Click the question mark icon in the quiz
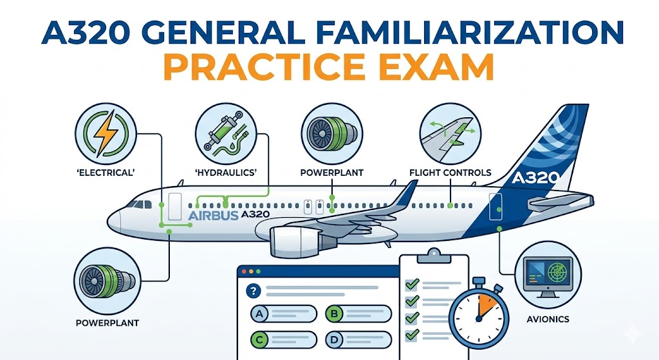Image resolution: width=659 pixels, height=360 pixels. (x=253, y=290)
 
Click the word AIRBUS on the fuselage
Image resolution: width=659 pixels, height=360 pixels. (x=212, y=215)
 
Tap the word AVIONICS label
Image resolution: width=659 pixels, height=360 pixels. (x=546, y=318)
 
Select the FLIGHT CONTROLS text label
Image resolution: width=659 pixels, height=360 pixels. (x=450, y=173)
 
